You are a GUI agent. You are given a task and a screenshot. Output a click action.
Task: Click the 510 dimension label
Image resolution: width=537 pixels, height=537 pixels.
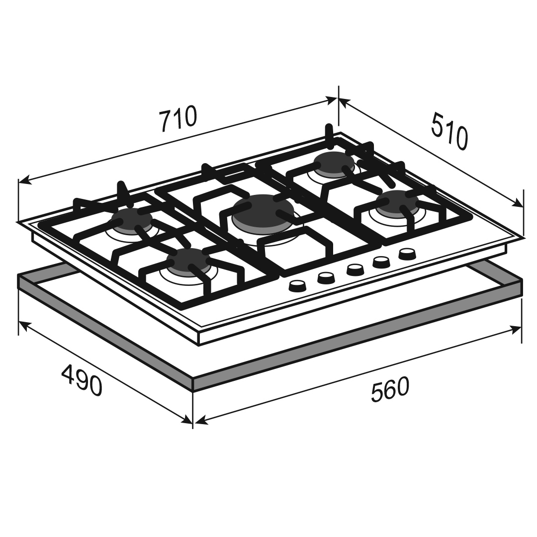coord(449,131)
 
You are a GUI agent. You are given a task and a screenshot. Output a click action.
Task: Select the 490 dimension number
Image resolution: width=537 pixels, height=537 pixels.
coord(82,380)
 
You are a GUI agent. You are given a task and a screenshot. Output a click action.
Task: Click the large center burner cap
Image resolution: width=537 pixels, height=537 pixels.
coord(263,209)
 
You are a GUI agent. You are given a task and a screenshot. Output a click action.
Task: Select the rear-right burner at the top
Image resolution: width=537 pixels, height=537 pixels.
coord(334,163)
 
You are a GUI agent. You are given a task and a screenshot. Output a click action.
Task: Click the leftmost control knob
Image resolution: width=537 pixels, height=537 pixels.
coord(297,285)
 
